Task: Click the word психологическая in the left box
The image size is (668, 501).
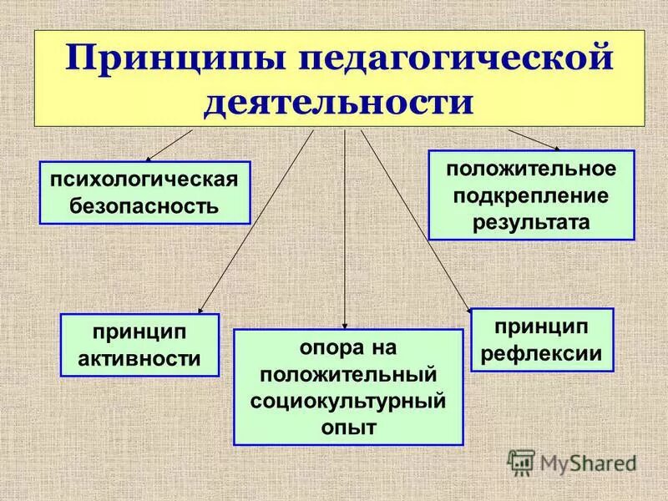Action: tap(145, 180)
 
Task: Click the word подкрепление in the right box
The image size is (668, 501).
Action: tap(532, 195)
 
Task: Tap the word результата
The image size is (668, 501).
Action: tap(532, 221)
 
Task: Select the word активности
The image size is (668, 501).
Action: tap(139, 359)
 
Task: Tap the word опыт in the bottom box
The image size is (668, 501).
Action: tap(347, 427)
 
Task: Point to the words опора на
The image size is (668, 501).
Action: tap(347, 346)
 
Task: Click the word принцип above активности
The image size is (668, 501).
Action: tap(139, 332)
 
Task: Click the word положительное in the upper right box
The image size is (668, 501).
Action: tap(532, 168)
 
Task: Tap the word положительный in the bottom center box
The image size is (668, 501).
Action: tap(347, 372)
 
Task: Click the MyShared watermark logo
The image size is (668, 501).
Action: tap(572, 462)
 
